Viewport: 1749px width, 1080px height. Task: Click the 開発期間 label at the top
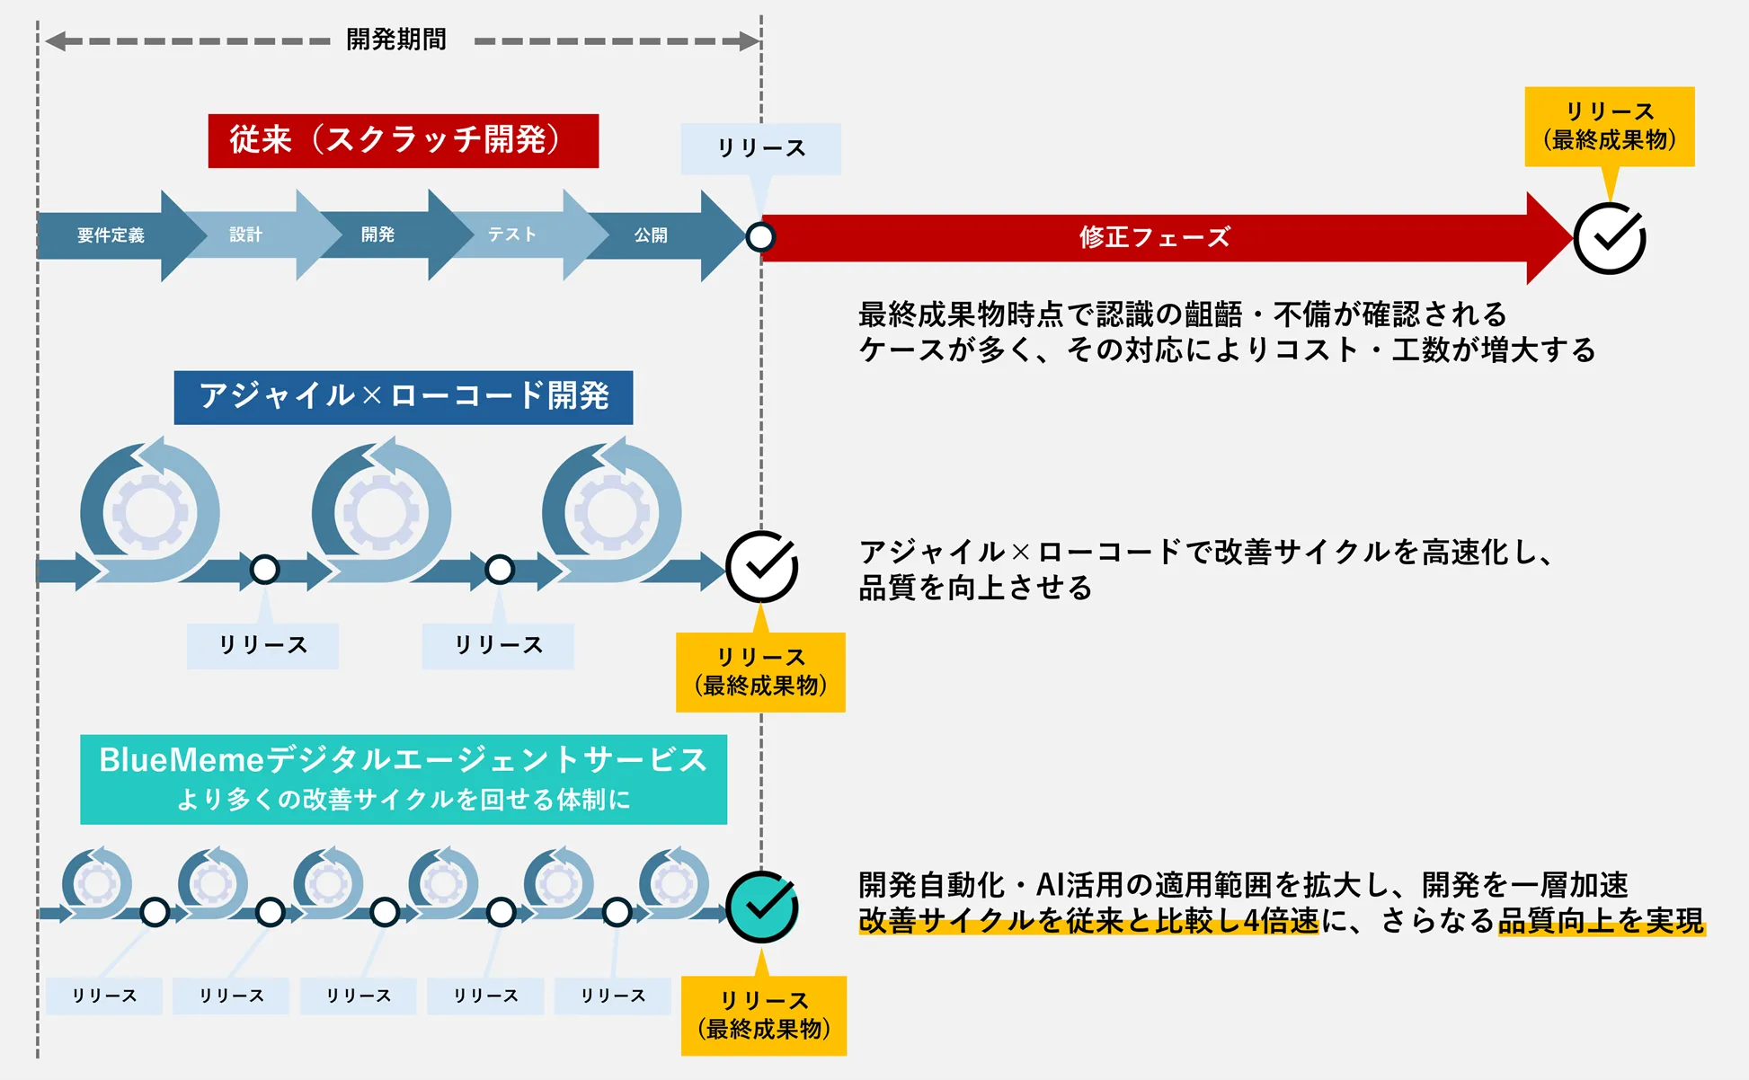coord(396,40)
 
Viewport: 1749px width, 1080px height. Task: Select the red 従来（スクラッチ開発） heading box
coord(403,141)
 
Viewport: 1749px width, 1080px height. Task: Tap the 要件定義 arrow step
coord(111,235)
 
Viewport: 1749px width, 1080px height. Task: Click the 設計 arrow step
coord(245,235)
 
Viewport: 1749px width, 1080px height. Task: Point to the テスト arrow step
coord(511,235)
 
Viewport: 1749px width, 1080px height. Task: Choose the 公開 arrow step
coord(651,235)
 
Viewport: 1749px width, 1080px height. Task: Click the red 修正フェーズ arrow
coord(1154,237)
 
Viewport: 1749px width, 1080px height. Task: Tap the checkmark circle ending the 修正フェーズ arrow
coord(1610,238)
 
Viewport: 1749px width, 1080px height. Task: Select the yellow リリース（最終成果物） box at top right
coord(1609,127)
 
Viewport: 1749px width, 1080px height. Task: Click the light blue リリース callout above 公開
coord(760,148)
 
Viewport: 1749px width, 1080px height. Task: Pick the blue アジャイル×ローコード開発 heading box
coord(403,397)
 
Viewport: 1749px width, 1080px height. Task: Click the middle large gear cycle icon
coord(381,513)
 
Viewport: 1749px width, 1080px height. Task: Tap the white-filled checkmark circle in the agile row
coord(761,566)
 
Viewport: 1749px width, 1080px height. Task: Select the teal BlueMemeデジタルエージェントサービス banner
coord(403,779)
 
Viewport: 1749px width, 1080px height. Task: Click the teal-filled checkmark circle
coord(761,907)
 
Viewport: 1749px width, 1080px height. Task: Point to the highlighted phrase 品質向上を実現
coord(1601,921)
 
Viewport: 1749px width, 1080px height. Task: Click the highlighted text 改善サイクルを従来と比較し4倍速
coord(1088,921)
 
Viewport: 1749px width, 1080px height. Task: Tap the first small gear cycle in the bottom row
coord(97,883)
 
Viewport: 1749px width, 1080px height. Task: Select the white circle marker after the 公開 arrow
coord(760,237)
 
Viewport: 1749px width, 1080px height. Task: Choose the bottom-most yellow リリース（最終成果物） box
coord(763,1015)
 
